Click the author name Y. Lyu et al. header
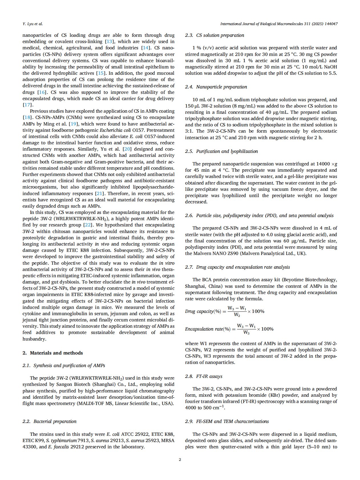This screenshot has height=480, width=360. [33, 24]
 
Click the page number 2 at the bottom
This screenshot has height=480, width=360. [180, 459]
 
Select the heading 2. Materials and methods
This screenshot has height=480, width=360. [52, 353]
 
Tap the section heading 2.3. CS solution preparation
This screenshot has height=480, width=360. [215, 35]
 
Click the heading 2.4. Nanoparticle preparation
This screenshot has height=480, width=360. [216, 87]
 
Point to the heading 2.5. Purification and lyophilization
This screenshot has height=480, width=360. [221, 151]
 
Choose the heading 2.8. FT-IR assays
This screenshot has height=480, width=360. [204, 376]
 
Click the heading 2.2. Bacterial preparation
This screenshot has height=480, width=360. [49, 422]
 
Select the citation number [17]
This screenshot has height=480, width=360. [26, 105]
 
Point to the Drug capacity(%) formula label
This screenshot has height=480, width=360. [203, 311]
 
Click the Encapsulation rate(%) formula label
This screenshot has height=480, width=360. [208, 329]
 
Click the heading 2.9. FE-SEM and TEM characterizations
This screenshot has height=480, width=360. [227, 422]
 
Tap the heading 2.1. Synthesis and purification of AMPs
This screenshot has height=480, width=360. [64, 366]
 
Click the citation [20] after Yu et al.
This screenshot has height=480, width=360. [127, 149]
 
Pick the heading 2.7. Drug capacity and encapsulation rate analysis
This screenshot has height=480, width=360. [237, 267]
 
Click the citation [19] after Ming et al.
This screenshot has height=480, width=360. [73, 124]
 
